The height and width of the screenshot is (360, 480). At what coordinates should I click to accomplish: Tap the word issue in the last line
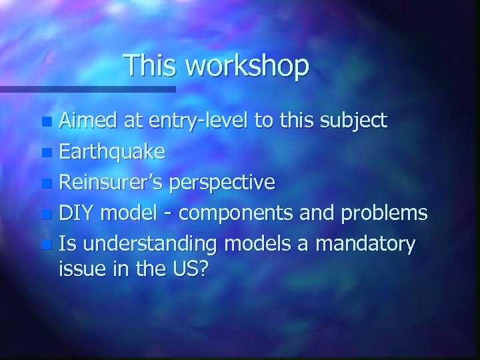(x=83, y=269)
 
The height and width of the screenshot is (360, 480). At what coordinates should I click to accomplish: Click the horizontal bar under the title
(x=87, y=89)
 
